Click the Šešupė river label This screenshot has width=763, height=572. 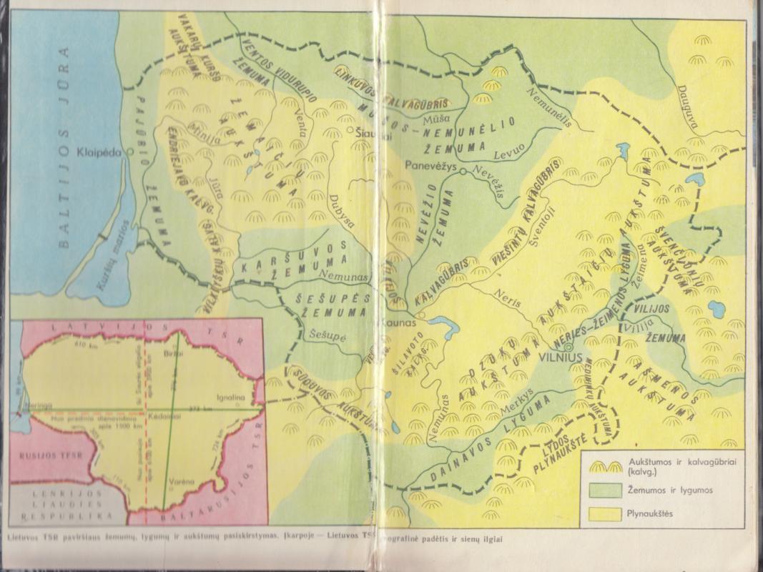(x=328, y=332)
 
